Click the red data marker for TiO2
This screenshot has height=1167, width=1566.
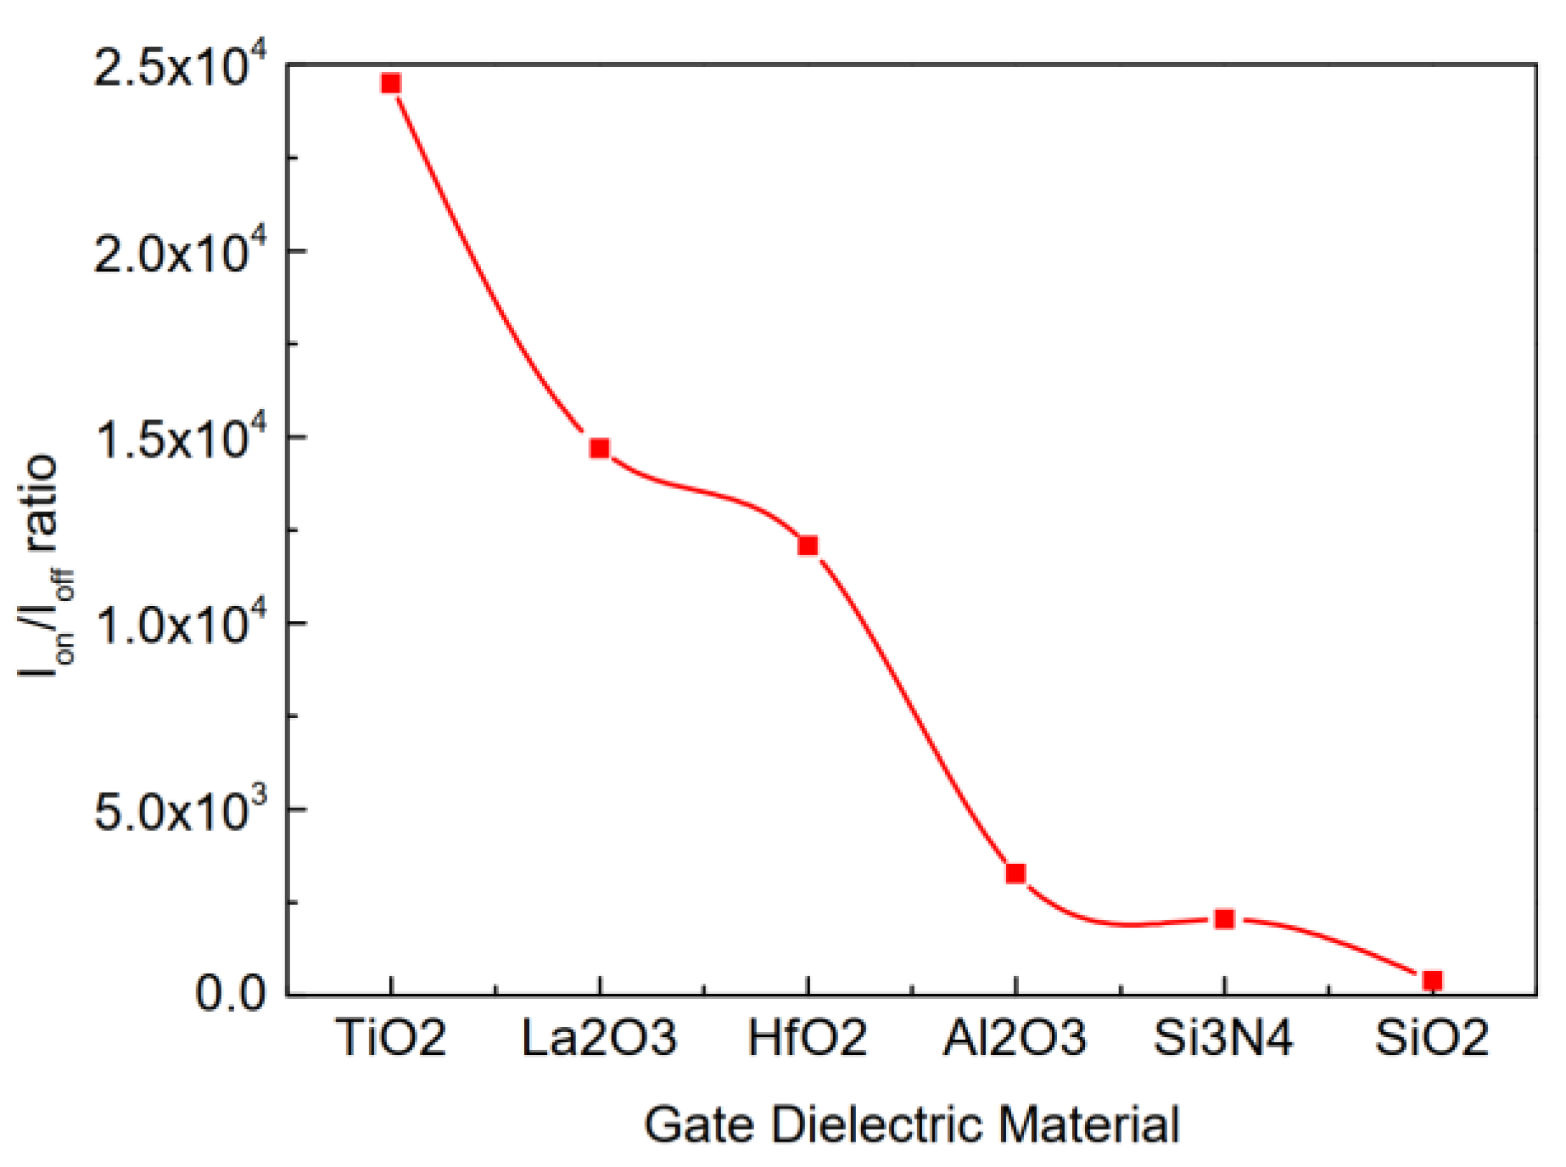point(390,83)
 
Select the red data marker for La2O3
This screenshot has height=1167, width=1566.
point(600,448)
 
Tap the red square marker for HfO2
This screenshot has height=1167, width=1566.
point(808,545)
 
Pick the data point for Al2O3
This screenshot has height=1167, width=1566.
point(1015,873)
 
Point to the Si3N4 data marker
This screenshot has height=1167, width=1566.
point(1224,918)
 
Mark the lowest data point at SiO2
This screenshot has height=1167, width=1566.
point(1432,980)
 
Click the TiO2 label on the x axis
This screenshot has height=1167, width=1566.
point(390,1037)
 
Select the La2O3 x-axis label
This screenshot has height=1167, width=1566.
point(599,1037)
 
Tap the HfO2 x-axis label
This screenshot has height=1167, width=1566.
point(807,1037)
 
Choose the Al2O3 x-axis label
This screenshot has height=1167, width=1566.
point(1015,1037)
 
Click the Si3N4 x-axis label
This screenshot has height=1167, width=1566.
point(1223,1037)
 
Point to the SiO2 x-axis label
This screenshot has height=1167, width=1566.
point(1432,1037)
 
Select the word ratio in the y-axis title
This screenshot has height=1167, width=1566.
point(41,504)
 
